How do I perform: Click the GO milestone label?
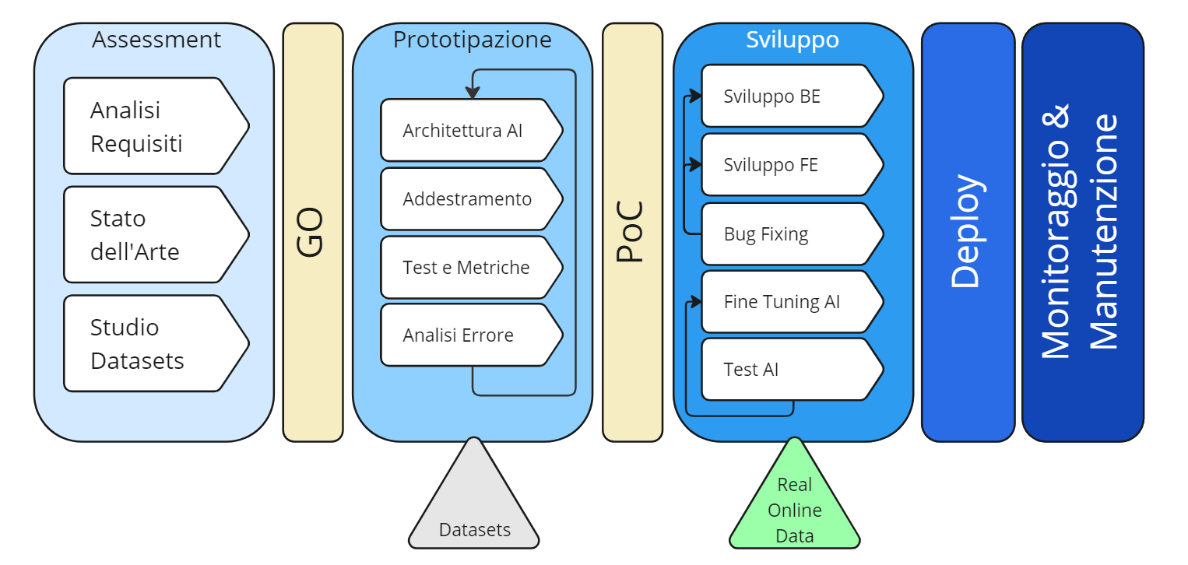point(312,232)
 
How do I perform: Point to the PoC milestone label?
point(632,232)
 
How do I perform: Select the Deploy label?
point(968,232)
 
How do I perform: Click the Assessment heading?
point(156,40)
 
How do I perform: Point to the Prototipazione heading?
point(472,40)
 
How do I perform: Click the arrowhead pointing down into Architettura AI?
point(473,93)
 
